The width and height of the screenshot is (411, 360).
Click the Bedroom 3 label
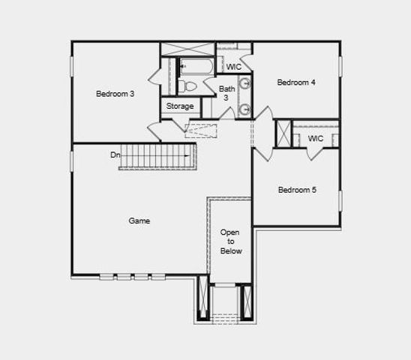115,94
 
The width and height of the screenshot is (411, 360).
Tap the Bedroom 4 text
296,82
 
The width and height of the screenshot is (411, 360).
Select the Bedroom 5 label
297,190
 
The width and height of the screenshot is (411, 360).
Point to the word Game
139,220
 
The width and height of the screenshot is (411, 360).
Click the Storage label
180,106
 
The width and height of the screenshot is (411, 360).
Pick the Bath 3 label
226,93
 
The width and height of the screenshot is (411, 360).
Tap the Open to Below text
230,241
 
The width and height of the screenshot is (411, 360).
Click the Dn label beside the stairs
115,155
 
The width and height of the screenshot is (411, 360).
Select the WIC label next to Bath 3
234,67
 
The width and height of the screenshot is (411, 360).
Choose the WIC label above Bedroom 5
316,139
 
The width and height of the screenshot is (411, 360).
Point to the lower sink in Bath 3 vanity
244,110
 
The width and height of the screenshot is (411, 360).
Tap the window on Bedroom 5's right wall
340,201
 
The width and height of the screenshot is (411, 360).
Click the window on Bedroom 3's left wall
73,65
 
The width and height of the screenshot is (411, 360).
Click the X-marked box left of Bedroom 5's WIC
283,135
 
